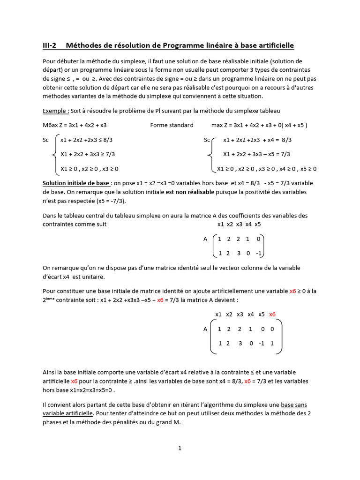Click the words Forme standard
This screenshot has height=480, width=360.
172,125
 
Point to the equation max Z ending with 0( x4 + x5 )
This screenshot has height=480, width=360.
259,125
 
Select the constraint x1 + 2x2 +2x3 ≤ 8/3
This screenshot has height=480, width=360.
87,140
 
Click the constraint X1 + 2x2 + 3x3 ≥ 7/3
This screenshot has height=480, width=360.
88,154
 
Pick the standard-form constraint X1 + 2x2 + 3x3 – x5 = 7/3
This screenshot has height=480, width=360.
256,154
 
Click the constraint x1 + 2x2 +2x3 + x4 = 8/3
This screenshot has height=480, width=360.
257,140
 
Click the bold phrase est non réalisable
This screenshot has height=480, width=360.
190,192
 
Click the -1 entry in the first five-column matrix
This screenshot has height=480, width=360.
258,254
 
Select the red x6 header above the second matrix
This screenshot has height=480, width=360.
273,314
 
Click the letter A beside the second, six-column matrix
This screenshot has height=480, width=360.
205,329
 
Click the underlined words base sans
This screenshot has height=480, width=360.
294,405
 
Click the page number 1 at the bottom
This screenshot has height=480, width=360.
180,448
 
